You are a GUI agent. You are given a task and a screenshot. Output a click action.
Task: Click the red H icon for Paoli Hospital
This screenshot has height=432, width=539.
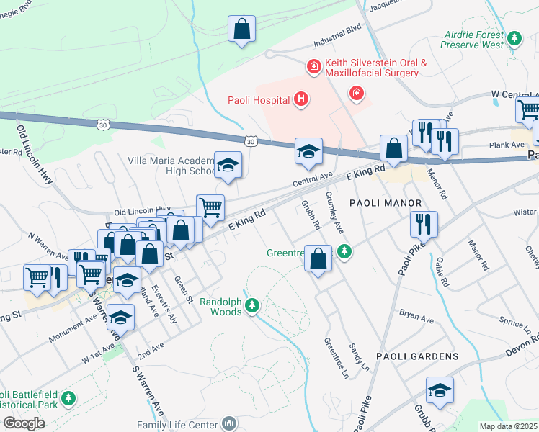[301, 100]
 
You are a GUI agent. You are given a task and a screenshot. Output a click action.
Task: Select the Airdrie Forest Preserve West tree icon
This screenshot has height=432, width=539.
[514, 37]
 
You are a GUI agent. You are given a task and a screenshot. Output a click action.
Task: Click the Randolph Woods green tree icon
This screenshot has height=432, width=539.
[251, 305]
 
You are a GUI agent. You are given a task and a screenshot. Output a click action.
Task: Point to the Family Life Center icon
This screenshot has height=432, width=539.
[229, 423]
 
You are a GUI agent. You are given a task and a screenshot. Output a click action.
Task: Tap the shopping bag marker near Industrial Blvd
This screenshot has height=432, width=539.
[242, 30]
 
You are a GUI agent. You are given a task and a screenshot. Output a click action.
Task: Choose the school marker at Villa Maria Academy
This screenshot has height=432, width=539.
[228, 166]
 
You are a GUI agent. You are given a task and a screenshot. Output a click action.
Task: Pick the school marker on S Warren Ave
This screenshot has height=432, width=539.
[121, 317]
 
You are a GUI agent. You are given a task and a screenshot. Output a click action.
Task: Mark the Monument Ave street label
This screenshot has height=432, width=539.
[72, 326]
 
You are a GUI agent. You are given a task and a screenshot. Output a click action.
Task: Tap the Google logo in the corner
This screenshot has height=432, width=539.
[24, 423]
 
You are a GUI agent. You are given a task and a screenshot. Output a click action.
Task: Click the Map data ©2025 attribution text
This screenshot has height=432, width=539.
[507, 426]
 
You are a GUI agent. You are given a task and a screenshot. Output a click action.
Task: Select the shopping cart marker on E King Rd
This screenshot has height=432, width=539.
[210, 207]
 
